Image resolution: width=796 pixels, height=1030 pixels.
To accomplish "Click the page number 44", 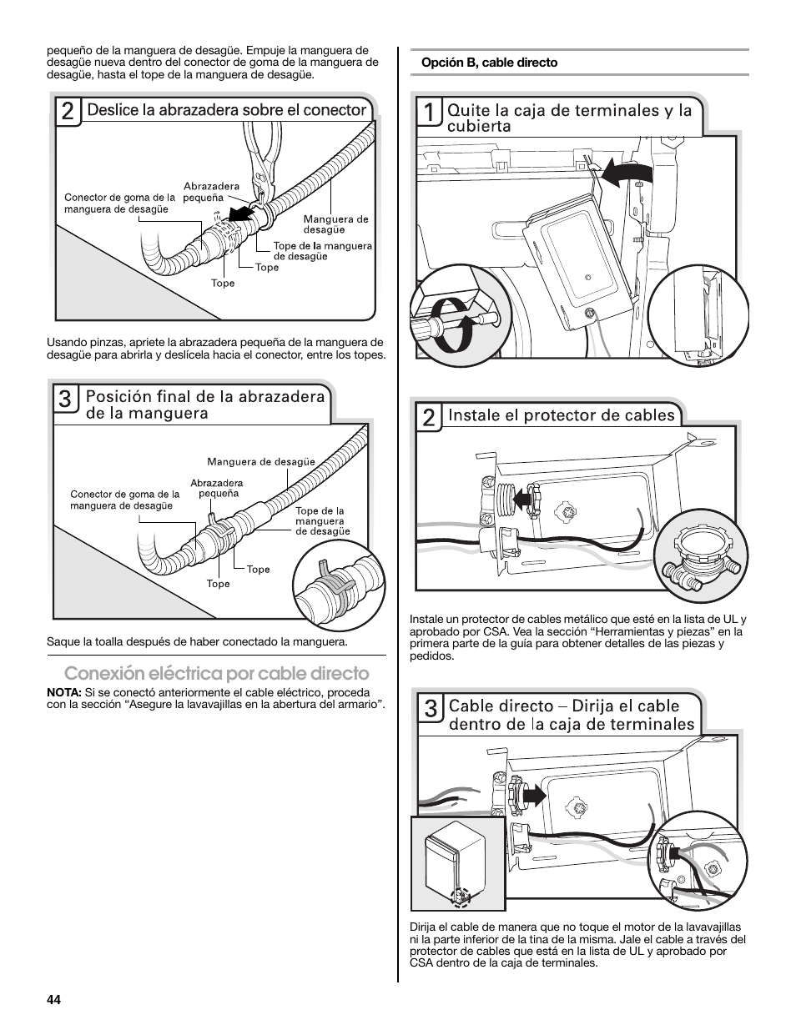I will click(x=54, y=1001).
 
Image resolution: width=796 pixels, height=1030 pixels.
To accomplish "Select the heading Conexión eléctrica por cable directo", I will click(x=216, y=673).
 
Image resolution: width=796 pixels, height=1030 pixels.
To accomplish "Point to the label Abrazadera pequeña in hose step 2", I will click(x=211, y=192).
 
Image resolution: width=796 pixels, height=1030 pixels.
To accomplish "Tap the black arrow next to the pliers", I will click(x=242, y=214).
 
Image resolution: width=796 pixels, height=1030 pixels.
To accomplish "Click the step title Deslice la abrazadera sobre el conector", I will click(x=227, y=110).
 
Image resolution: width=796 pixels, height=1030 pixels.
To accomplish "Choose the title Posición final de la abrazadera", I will click(x=205, y=404).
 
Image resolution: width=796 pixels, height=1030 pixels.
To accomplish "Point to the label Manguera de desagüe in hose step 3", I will click(x=261, y=461).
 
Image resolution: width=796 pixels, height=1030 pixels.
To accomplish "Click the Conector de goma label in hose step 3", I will click(x=124, y=500).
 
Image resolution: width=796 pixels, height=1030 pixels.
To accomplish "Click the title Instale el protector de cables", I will click(x=561, y=415).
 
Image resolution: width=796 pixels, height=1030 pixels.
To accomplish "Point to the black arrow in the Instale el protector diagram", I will click(x=523, y=499).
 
